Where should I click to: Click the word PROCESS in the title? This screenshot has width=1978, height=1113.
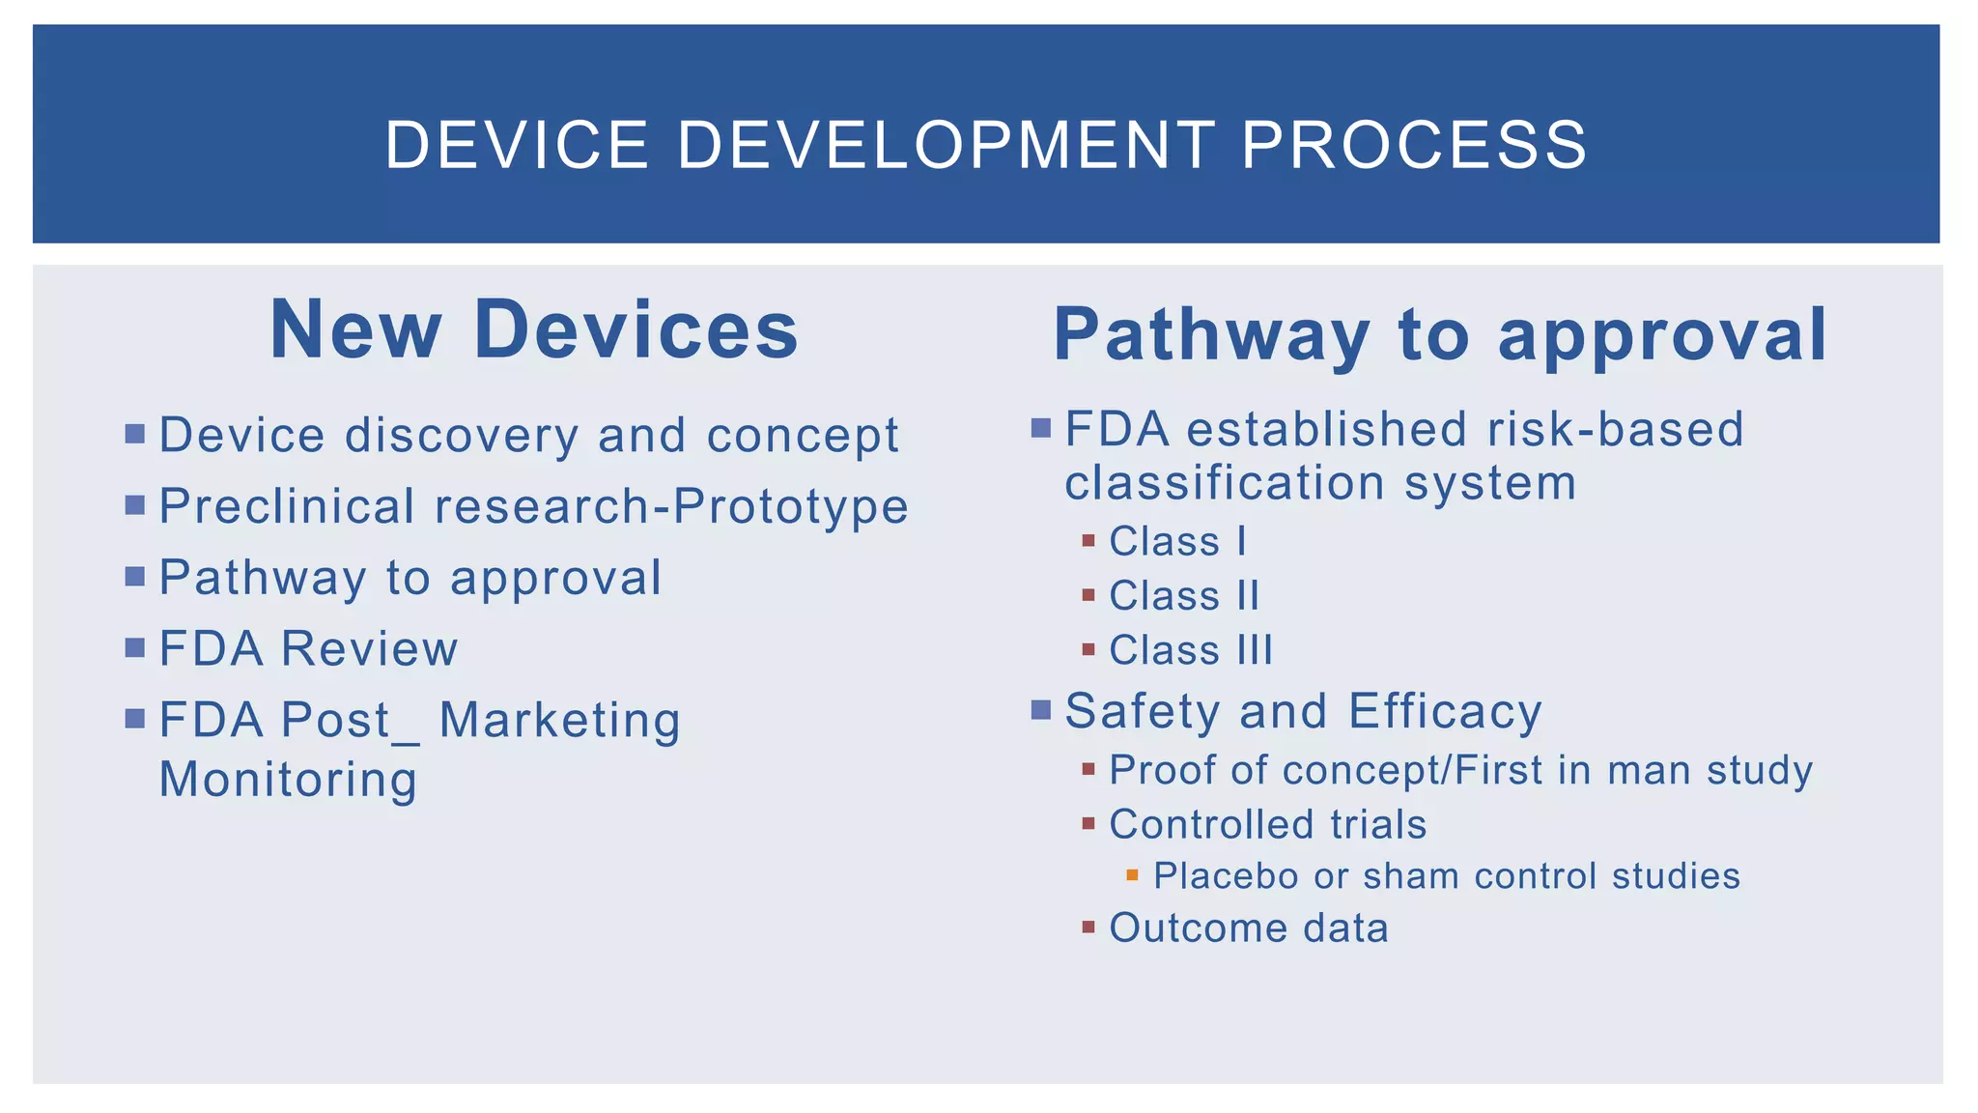click(x=1414, y=146)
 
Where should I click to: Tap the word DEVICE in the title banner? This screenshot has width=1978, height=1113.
click(x=517, y=146)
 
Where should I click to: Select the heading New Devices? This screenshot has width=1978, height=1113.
click(x=534, y=330)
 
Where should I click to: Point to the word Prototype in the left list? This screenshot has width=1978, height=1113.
click(x=791, y=506)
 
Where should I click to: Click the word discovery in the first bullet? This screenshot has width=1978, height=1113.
click(x=462, y=435)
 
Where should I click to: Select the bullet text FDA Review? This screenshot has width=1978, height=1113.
click(x=308, y=648)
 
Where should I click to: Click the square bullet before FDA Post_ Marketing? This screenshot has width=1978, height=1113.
click(x=135, y=719)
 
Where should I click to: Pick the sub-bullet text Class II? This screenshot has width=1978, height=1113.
click(x=1184, y=596)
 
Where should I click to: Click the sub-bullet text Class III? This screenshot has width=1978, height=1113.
click(x=1191, y=650)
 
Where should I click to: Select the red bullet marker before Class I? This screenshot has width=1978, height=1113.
click(x=1088, y=541)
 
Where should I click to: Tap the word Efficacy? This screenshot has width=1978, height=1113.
click(x=1445, y=711)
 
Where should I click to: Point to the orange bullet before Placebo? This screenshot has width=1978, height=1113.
click(x=1132, y=875)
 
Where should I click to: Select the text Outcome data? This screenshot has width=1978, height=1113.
click(x=1248, y=928)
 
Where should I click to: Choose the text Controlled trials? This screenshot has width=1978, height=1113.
click(x=1267, y=825)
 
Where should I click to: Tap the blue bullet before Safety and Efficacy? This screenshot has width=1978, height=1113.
click(x=1040, y=711)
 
